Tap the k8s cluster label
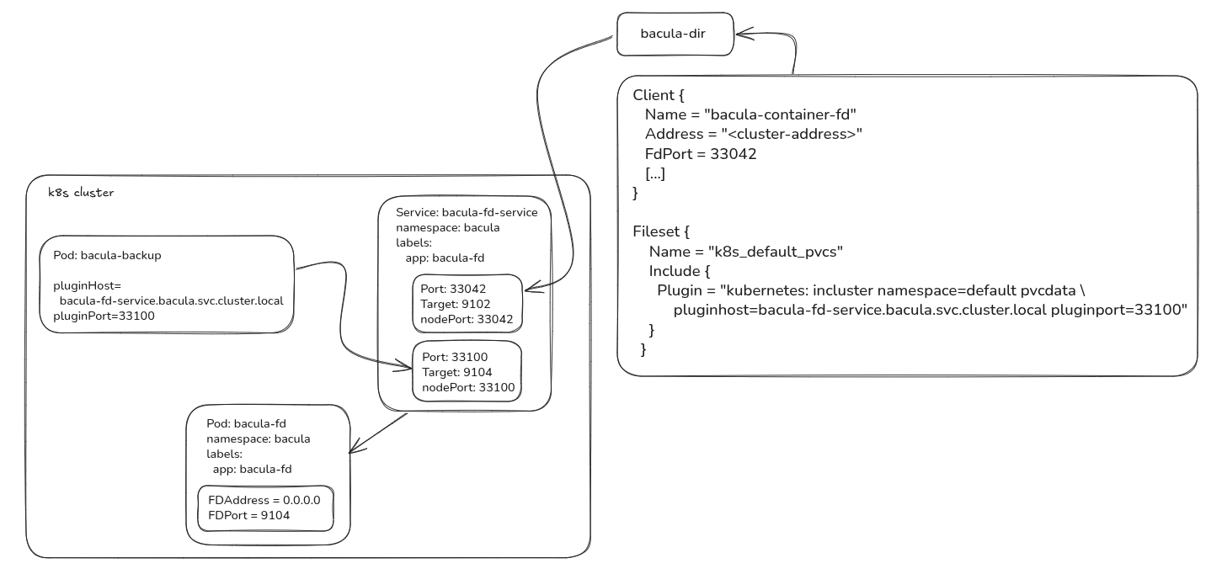point(81,193)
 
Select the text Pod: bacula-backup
point(107,255)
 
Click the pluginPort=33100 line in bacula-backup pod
point(104,316)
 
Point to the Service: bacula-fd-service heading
point(467,212)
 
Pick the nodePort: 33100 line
point(468,387)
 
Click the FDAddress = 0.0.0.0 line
point(264,500)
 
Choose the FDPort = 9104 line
point(249,515)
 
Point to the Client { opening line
point(653,95)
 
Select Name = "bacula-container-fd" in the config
point(750,114)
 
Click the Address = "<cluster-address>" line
point(754,134)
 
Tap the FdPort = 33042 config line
point(701,154)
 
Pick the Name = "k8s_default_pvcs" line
point(745,252)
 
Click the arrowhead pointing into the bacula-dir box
point(742,34)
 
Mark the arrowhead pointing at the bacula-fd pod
point(355,447)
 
